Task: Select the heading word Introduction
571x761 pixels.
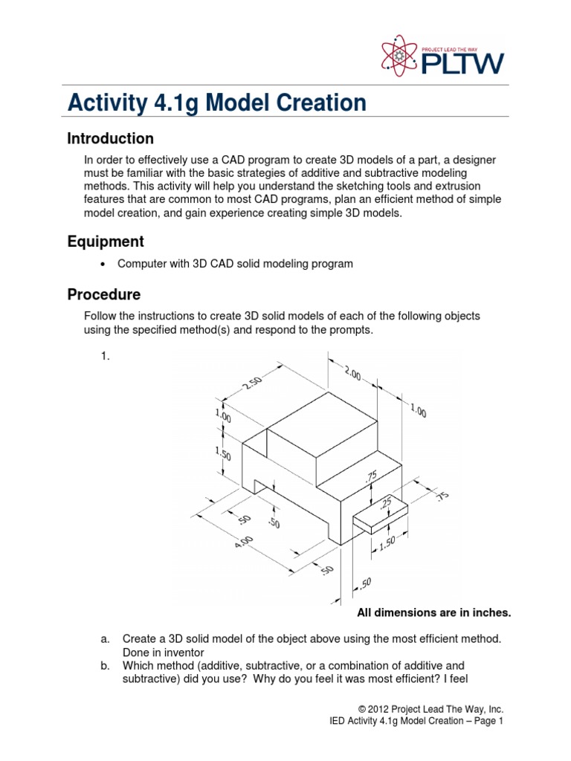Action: click(x=110, y=139)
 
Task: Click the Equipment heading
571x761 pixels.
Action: click(x=105, y=242)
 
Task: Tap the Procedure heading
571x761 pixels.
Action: click(x=103, y=294)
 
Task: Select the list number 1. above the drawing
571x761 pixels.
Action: click(x=105, y=356)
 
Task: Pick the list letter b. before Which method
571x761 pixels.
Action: click(x=105, y=665)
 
